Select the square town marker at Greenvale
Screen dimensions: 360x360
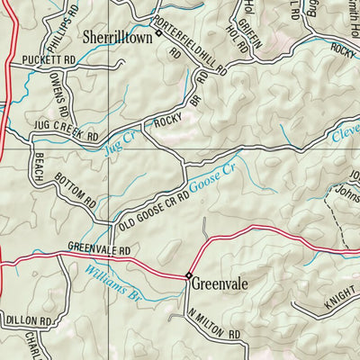(189, 275)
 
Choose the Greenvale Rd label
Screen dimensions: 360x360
(99, 251)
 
